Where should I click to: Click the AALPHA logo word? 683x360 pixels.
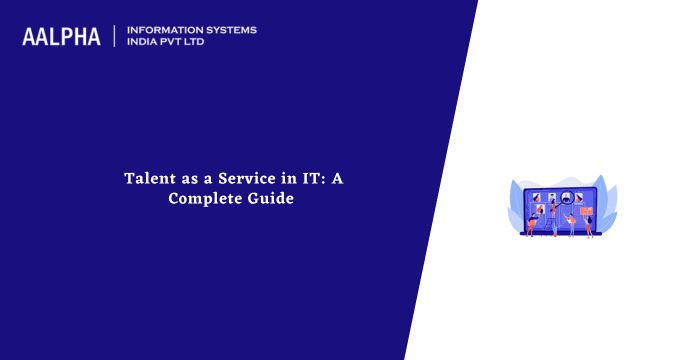click(x=61, y=37)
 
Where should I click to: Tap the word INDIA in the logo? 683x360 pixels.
click(x=145, y=43)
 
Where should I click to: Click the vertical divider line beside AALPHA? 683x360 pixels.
click(x=115, y=37)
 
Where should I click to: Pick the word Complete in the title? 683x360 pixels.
click(x=200, y=198)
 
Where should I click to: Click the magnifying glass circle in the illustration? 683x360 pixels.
click(x=566, y=197)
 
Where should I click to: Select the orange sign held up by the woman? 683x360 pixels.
click(x=587, y=211)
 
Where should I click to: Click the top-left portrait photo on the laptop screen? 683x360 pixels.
click(x=537, y=197)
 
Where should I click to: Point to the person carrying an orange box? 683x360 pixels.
click(x=531, y=222)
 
